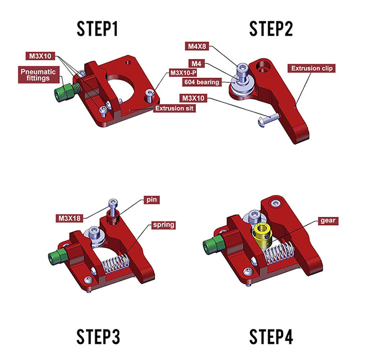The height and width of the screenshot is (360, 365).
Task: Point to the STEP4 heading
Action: click(272, 337)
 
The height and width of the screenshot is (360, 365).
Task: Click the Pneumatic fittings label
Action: click(38, 75)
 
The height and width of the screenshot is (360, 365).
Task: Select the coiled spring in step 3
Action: click(116, 265)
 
